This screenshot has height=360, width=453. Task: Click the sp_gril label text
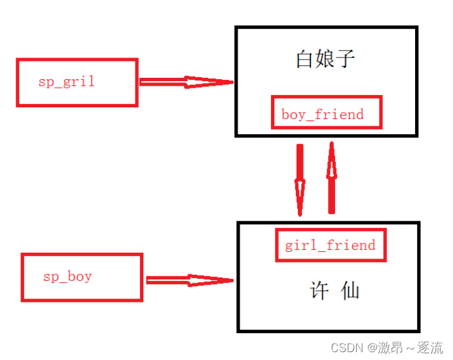pyautogui.click(x=66, y=82)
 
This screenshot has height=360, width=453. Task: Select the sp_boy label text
pyautogui.click(x=67, y=277)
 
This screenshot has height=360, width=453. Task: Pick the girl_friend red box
pyautogui.click(x=330, y=245)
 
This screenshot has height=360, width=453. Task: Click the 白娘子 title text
pyautogui.click(x=325, y=59)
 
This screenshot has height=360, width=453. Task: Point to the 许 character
pyautogui.click(x=319, y=291)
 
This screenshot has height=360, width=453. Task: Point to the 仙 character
pyautogui.click(x=351, y=291)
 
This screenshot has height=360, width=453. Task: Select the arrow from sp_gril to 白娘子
pyautogui.click(x=186, y=82)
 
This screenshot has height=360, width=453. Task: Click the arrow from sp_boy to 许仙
pyautogui.click(x=189, y=280)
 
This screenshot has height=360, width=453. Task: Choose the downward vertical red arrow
pyautogui.click(x=300, y=179)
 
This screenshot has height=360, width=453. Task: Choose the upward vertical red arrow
pyautogui.click(x=331, y=177)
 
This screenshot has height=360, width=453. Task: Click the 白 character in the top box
pyautogui.click(x=305, y=59)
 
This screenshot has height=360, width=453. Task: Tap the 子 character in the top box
pyautogui.click(x=346, y=59)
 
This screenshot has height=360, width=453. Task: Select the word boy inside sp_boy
pyautogui.click(x=79, y=277)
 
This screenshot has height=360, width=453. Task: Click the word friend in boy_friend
pyautogui.click(x=339, y=114)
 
